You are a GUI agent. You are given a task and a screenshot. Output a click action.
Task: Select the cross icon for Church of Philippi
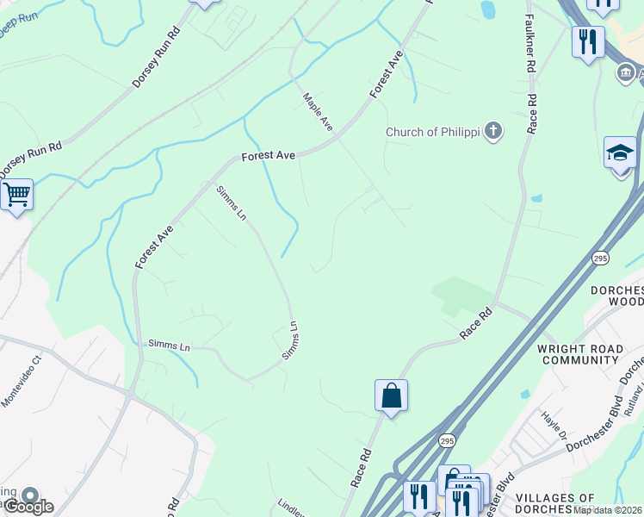coord(492,131)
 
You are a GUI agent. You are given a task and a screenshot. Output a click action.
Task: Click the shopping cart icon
coord(15,195)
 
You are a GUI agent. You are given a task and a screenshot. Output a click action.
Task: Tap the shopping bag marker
coord(391,396)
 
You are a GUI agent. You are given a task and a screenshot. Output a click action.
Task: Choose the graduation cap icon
coord(620,153)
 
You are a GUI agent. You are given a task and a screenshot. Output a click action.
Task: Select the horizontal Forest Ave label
coord(269,156)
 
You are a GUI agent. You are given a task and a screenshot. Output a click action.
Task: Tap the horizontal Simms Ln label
coord(169,346)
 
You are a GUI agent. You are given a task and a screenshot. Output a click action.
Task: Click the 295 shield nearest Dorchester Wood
coord(600,258)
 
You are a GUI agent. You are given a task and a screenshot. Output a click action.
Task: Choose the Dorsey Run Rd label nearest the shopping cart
coord(30,160)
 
